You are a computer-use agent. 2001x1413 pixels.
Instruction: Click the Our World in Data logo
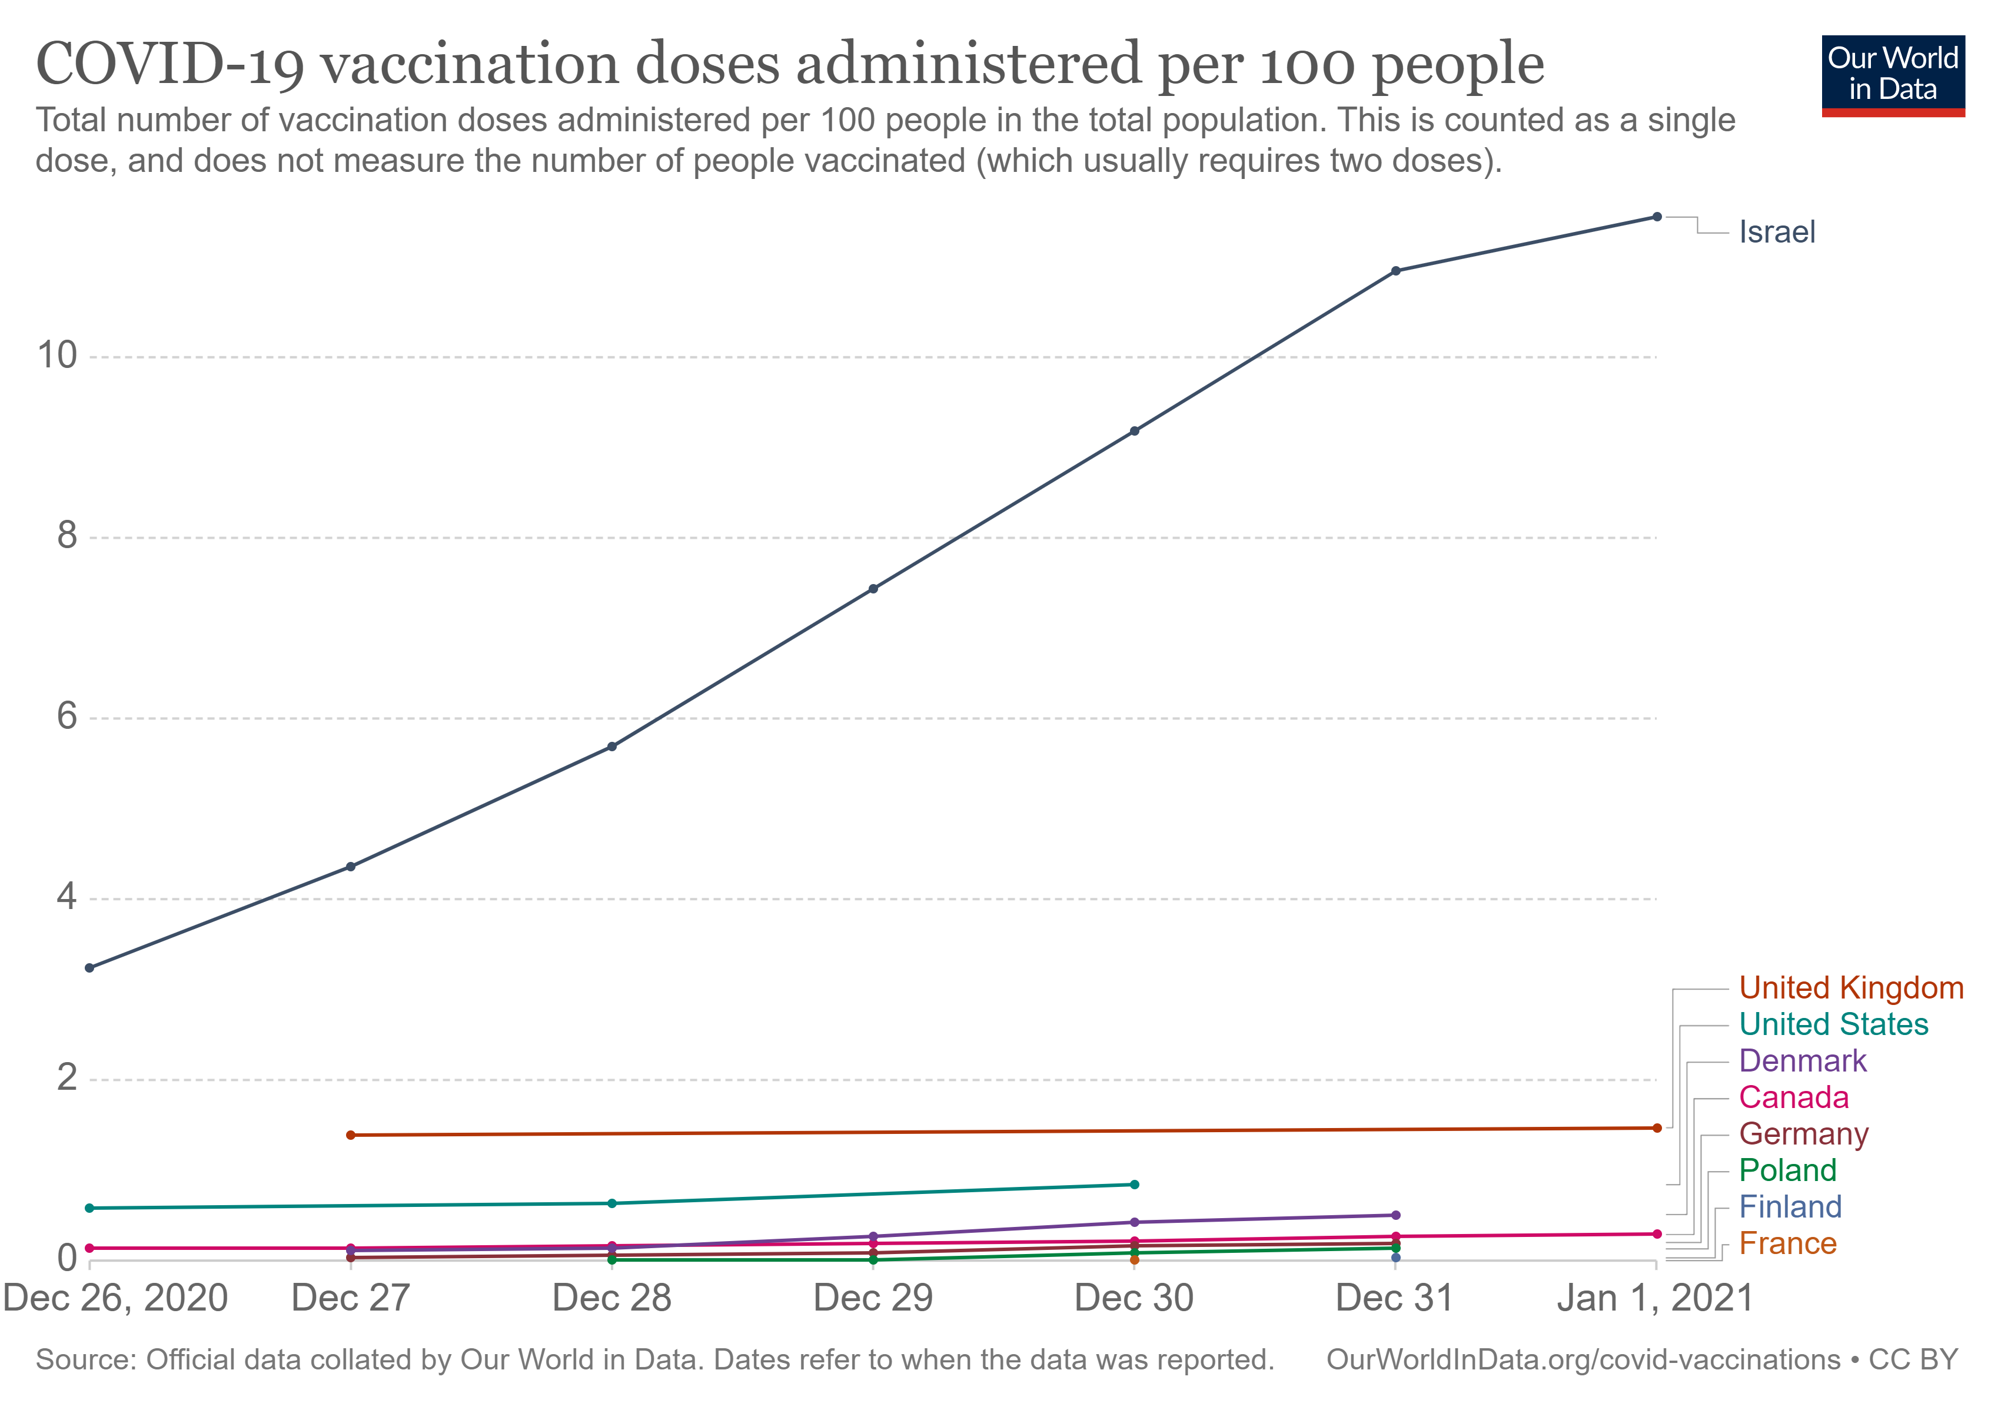(1892, 75)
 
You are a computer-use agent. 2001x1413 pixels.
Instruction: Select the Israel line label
(1776, 233)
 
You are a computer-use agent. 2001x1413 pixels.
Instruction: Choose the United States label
(1833, 1024)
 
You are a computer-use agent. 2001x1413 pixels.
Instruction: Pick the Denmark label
(1801, 1061)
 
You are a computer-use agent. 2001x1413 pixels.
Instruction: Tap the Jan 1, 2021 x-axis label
(1654, 1298)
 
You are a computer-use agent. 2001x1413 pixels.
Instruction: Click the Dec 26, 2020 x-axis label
(115, 1298)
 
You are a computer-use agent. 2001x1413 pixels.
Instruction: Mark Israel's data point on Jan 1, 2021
(1657, 217)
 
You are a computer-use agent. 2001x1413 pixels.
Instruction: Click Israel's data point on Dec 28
(612, 747)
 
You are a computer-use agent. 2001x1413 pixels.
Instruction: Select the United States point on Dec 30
(1134, 1185)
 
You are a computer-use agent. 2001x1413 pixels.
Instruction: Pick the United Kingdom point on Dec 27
(350, 1135)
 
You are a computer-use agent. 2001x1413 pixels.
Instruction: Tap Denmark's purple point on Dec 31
(1395, 1215)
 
